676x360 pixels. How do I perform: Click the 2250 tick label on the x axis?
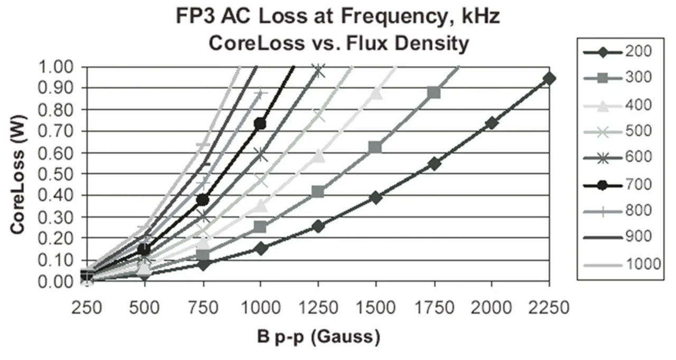click(x=549, y=307)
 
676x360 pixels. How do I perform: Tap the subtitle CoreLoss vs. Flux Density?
click(x=338, y=44)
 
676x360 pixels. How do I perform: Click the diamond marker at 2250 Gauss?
click(x=549, y=79)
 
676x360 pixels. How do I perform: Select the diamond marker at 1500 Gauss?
click(x=376, y=197)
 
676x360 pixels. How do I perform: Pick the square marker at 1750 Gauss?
click(x=434, y=93)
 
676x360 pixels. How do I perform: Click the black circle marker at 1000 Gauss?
click(x=260, y=124)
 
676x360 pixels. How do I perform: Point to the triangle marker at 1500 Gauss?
click(x=376, y=93)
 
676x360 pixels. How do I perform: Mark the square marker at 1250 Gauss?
click(x=318, y=192)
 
